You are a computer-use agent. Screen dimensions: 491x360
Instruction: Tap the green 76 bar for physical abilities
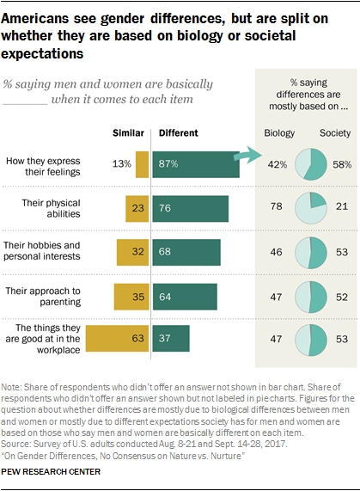(190, 207)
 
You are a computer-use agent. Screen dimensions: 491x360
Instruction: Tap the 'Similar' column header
(129, 133)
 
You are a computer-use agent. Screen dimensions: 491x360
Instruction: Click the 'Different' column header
(178, 133)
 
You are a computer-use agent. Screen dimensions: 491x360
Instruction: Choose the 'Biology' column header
(278, 133)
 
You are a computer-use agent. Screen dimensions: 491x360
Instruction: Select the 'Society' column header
(335, 133)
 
